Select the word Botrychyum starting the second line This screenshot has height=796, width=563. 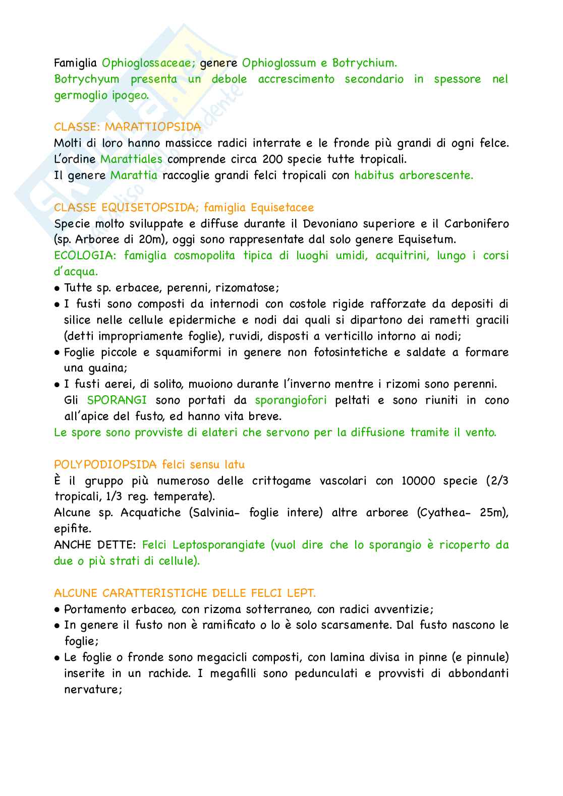pyautogui.click(x=86, y=79)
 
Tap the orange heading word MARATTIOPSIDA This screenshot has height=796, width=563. pyautogui.click(x=153, y=127)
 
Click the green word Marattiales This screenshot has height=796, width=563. pyautogui.click(x=131, y=159)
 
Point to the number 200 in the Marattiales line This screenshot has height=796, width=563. pyautogui.click(x=273, y=159)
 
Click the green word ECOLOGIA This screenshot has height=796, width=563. pyautogui.click(x=85, y=256)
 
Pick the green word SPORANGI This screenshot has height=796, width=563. pyautogui.click(x=117, y=400)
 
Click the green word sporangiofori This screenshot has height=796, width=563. pyautogui.click(x=291, y=400)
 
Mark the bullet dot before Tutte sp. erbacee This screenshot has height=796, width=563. pyautogui.click(x=57, y=288)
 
